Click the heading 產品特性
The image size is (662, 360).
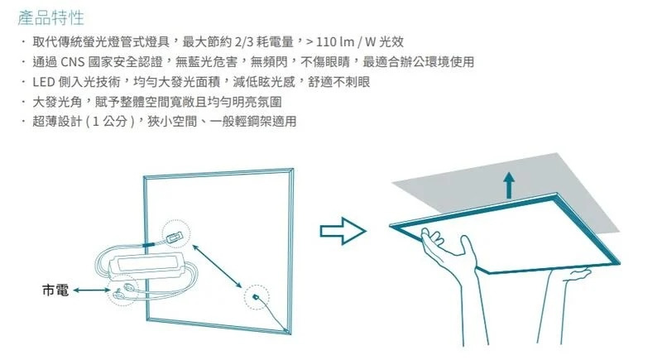(x=50, y=17)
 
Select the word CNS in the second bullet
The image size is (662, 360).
(x=73, y=62)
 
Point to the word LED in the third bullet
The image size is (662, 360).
(x=44, y=82)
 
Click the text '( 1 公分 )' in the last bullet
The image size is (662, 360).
(x=110, y=122)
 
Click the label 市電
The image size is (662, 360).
(x=55, y=290)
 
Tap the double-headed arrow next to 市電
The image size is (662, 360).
(x=92, y=290)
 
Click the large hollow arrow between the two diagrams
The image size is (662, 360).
(x=343, y=231)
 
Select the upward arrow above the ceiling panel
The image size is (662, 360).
(x=509, y=185)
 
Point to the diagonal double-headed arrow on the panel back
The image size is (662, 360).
(x=217, y=266)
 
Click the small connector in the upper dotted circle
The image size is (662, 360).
(x=175, y=238)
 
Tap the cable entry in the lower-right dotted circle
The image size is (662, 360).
(x=255, y=297)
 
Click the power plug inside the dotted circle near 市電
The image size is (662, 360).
(x=122, y=290)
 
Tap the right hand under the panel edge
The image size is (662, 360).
(x=576, y=275)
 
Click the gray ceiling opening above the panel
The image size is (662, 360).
(x=506, y=185)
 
